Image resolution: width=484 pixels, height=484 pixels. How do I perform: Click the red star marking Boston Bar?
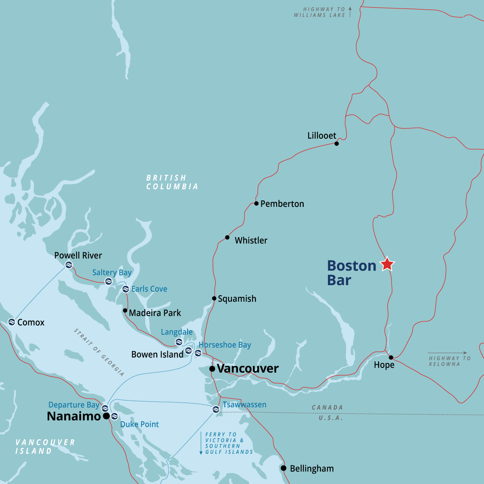coord(387,264)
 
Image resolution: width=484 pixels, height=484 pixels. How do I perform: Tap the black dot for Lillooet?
coord(337,144)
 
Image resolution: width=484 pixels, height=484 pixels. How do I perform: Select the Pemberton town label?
coord(282,204)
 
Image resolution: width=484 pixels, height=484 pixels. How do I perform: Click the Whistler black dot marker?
coord(227,238)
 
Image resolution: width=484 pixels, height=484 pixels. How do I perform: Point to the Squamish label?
coord(237,299)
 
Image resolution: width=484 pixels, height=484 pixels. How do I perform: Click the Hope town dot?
coord(391,357)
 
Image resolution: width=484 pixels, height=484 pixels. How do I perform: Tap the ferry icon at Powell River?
coord(69,265)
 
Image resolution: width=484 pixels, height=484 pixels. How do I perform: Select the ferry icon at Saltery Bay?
coord(108,282)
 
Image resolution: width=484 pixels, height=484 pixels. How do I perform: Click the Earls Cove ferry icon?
coord(125,289)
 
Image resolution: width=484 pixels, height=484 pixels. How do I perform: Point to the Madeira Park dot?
coord(125,311)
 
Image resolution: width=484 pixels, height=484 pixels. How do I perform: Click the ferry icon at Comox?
coord(12,322)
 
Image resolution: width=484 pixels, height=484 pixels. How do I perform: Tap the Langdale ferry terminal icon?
coord(179,342)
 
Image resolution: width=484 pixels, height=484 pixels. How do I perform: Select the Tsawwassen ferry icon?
coord(216,410)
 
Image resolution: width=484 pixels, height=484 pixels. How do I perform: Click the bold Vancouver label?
coord(247,369)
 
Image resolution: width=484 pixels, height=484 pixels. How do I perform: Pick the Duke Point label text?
coord(140,424)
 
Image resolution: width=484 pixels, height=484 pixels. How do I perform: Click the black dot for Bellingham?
coord(284,468)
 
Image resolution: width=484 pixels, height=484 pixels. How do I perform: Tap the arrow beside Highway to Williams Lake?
coord(350,12)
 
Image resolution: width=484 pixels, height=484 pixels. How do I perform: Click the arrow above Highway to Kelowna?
coord(447,353)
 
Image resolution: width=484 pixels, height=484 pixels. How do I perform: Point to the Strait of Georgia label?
coord(99,352)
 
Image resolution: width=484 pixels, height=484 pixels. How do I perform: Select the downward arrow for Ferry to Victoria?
coord(201,443)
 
